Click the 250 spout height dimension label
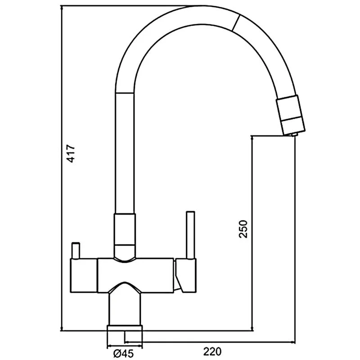243,229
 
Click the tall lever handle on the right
190,234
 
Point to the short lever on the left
75,251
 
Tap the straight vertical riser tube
126,153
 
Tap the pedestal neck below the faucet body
125,306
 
